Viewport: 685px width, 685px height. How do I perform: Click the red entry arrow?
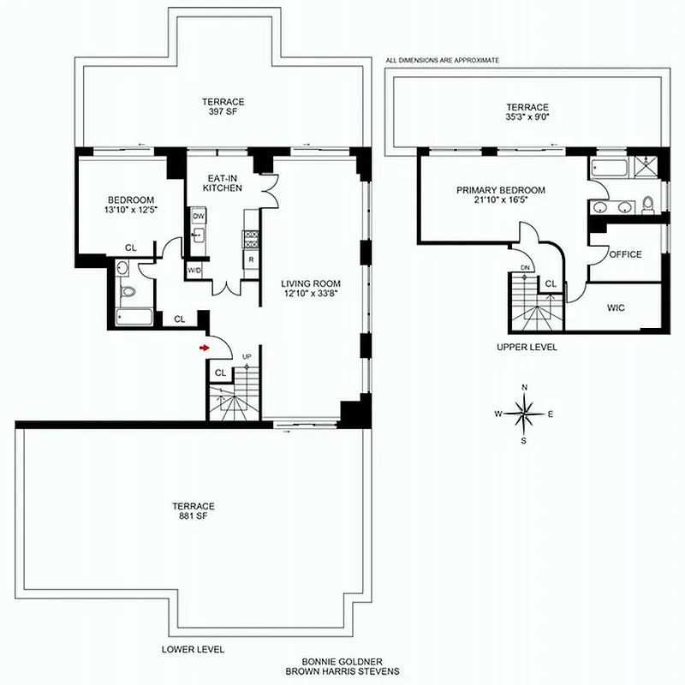204,348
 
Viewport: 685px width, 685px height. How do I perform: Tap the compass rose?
524,414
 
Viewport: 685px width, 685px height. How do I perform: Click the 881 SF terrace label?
192,517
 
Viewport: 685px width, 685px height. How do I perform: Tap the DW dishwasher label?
198,217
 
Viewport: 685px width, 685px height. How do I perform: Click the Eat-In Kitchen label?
223,182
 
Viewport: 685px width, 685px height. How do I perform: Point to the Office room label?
625,254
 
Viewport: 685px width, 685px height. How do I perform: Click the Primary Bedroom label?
501,191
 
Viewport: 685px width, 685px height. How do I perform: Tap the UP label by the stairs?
247,356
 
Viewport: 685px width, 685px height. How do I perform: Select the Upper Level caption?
527,348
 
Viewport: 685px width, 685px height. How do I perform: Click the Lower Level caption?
199,650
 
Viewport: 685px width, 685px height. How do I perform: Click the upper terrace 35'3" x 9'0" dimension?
527,119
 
